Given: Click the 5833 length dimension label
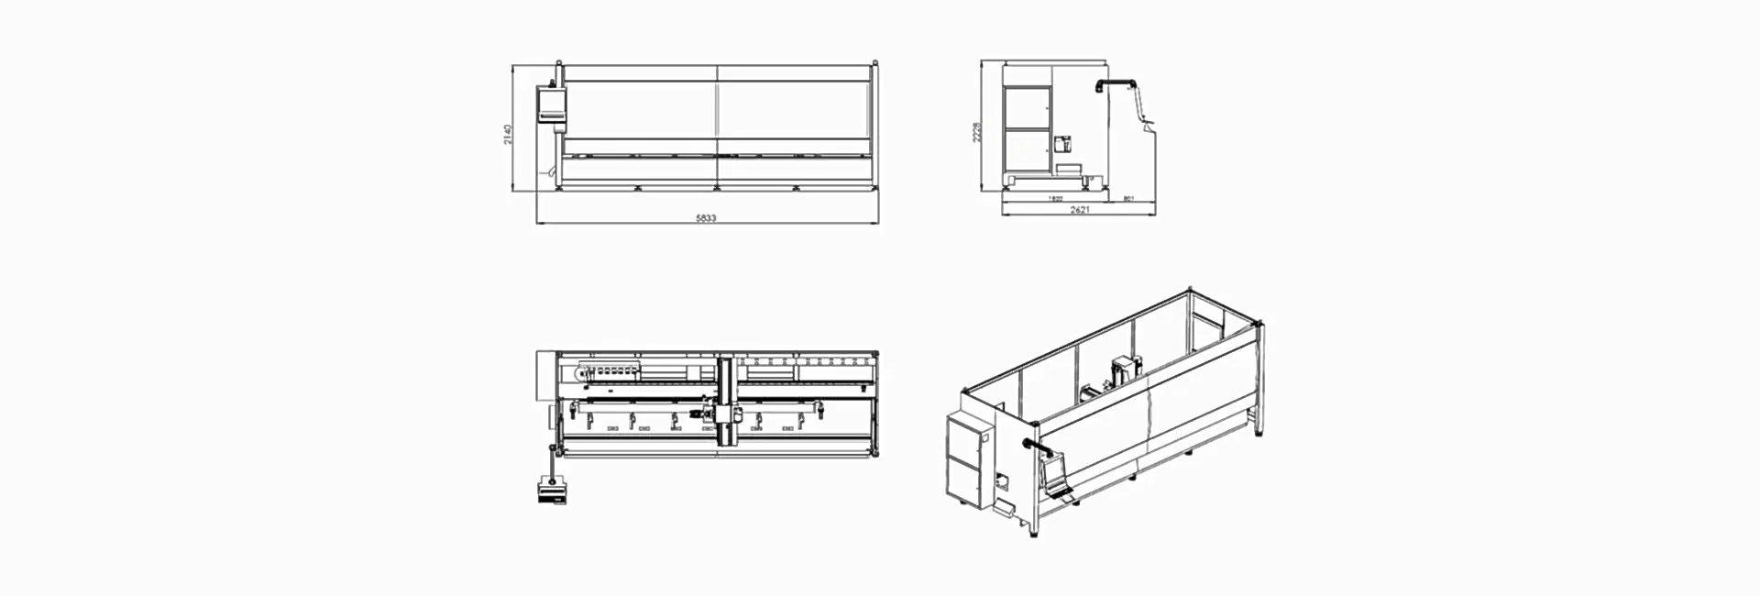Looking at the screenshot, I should click(705, 218).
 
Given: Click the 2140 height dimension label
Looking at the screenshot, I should click(507, 134).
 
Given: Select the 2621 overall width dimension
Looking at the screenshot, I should click(1080, 210).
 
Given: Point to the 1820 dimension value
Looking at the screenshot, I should click(1055, 198).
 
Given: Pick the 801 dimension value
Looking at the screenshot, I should click(1128, 198).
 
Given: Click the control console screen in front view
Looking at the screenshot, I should click(551, 103).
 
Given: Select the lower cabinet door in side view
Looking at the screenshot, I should click(1027, 150).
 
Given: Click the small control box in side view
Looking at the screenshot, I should click(1064, 145).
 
